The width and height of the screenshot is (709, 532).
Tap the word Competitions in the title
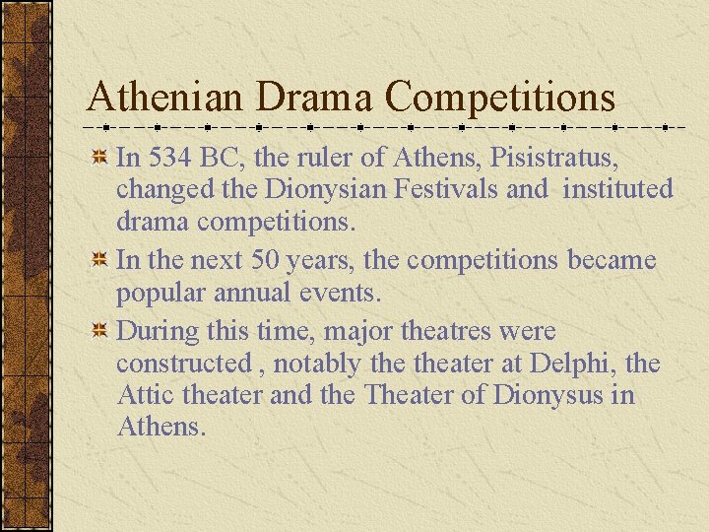[x=500, y=98]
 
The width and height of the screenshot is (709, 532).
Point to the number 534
[x=167, y=156]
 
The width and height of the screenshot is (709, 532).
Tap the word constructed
[x=183, y=364]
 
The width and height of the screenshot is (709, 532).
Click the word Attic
[x=145, y=396]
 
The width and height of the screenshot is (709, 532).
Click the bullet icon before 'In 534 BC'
[x=98, y=157]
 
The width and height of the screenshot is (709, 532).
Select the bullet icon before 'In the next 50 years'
[x=98, y=261]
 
